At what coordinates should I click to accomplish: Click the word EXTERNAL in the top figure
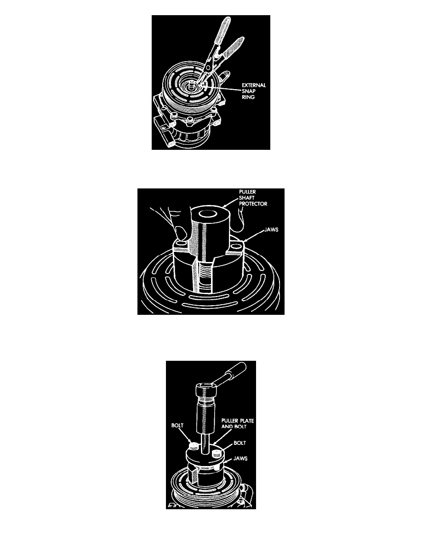tap(254, 85)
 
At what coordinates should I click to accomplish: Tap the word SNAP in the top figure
tap(249, 91)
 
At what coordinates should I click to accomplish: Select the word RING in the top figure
tap(248, 97)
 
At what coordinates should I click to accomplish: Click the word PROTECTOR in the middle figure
tap(253, 204)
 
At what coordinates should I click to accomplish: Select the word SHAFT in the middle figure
tap(246, 198)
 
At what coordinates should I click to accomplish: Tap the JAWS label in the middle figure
tap(271, 230)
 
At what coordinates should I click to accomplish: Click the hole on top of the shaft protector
tap(207, 214)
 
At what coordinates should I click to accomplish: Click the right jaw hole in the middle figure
tap(236, 246)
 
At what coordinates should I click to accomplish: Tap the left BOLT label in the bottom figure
tap(177, 426)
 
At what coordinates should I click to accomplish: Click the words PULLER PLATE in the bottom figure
tap(238, 421)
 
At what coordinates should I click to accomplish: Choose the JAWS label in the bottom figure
tap(240, 459)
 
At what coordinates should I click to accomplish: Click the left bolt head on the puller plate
tap(194, 446)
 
